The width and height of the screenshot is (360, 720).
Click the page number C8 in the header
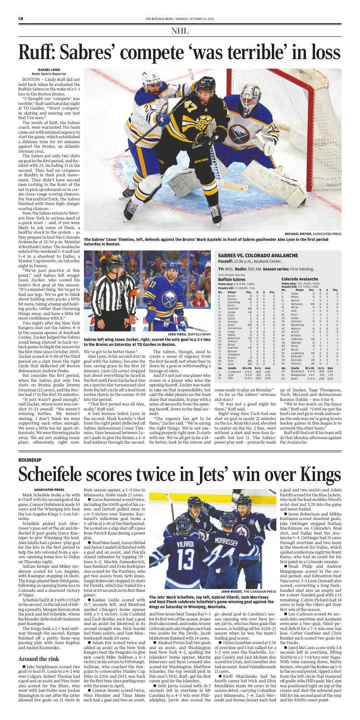pos(21,18)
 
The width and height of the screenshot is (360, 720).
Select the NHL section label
pos(180,31)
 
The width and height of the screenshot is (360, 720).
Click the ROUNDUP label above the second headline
pos(30,460)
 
